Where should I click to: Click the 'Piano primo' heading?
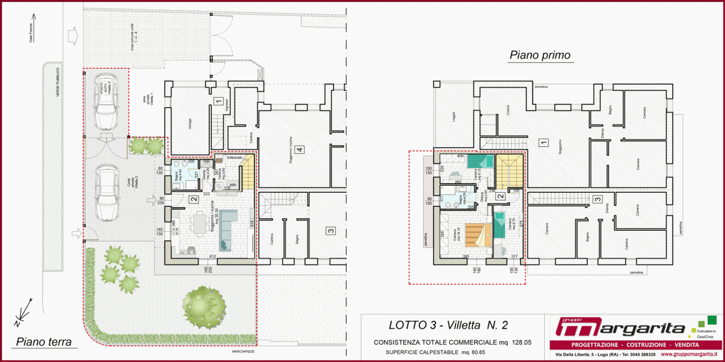tap(540, 55)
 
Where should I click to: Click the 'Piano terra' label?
tap(44, 342)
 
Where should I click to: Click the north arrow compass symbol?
tap(23, 313)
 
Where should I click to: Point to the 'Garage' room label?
tap(190, 124)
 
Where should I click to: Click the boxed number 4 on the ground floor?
tap(300, 149)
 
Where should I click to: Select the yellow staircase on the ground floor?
tap(247, 172)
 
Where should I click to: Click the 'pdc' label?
tap(233, 185)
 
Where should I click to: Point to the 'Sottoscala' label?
tap(234, 157)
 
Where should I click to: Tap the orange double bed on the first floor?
tap(478, 235)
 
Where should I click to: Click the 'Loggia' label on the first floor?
tap(454, 117)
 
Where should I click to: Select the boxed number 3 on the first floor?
tap(598, 199)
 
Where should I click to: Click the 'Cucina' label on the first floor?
tap(507, 110)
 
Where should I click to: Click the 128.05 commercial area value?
tap(522, 343)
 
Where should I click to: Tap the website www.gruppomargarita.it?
tap(689, 354)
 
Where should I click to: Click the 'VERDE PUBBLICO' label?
tap(58, 82)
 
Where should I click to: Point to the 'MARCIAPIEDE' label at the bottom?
tap(243, 352)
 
